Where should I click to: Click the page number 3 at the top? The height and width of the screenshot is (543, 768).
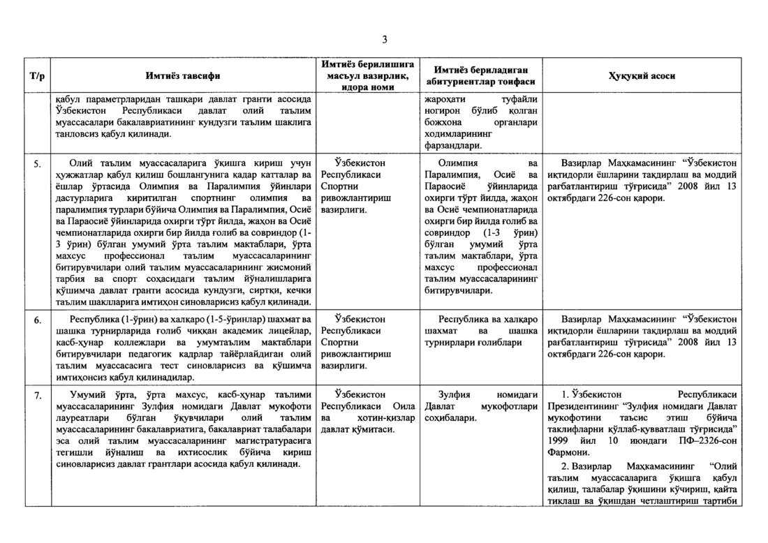click(384, 38)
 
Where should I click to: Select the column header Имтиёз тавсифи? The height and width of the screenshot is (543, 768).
click(182, 76)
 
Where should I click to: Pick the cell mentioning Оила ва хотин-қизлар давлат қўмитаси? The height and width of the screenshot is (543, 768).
click(369, 412)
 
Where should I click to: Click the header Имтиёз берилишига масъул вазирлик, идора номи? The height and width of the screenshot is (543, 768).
click(369, 75)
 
